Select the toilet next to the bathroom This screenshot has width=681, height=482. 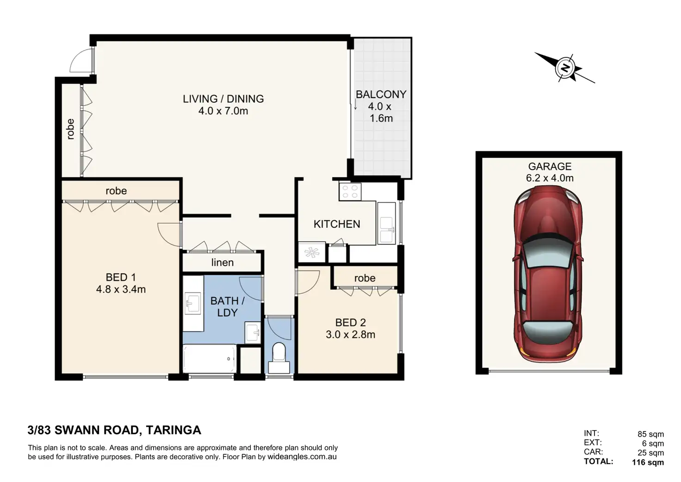click(279, 358)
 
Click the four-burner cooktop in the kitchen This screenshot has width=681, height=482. click(350, 191)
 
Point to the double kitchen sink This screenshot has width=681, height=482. click(386, 230)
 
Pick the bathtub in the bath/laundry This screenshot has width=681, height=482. click(210, 358)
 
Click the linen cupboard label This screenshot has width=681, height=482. click(223, 263)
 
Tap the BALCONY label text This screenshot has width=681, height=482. click(381, 94)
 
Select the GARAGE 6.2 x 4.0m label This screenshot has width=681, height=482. click(550, 172)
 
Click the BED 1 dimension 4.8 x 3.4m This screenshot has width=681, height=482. click(121, 289)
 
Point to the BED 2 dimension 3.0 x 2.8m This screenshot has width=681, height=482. click(351, 334)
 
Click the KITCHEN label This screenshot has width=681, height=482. click(337, 224)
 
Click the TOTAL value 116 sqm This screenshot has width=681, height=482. click(648, 462)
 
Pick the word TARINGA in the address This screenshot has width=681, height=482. click(173, 430)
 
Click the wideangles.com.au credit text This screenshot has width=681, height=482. click(302, 457)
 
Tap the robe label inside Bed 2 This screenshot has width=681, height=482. click(365, 278)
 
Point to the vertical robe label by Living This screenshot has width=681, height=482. click(70, 129)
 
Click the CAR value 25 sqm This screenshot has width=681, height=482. click(650, 453)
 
